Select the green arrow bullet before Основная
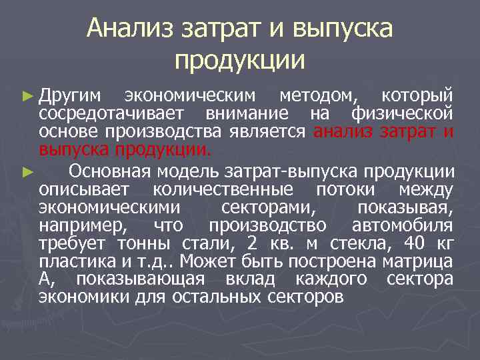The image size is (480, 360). tap(27, 171)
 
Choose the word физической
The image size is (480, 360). tap(403, 113)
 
